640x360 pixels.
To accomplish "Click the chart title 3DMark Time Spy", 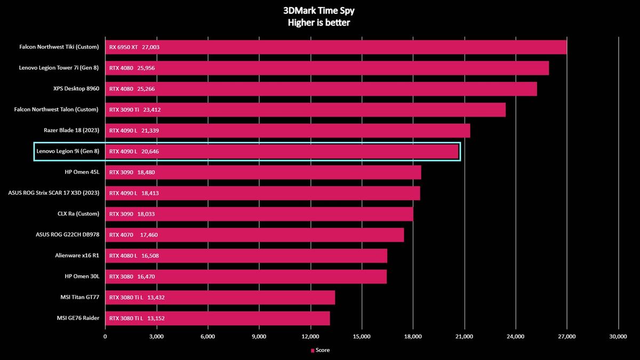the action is click(319, 11).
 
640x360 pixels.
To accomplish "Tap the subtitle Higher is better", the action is click(319, 22).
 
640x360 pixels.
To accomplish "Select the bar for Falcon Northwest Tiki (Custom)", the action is click(335, 47).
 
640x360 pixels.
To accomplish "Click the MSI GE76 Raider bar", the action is click(218, 318).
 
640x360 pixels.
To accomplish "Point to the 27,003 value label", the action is click(150, 47).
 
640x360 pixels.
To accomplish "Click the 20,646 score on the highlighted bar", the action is click(150, 151).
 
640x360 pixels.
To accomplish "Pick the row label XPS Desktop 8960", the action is click(76, 89).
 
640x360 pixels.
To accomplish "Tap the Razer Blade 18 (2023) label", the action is click(71, 130).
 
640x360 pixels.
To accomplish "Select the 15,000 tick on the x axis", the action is click(362, 337).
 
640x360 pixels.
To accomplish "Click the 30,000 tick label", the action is click(618, 337).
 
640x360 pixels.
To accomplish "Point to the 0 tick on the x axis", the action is click(105, 337).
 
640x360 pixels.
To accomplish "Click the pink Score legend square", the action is click(313, 350).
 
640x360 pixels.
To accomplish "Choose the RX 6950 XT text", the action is click(123, 47).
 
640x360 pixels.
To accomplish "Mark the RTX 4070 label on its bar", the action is click(121, 235).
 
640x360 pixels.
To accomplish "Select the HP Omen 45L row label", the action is click(82, 172).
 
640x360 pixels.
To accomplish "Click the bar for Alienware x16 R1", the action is click(246, 255).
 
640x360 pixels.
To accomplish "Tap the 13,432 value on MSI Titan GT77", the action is click(156, 298).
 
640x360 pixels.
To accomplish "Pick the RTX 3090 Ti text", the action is click(124, 110).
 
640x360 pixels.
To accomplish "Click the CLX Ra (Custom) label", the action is click(78, 214).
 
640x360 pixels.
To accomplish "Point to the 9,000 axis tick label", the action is click(259, 337).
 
